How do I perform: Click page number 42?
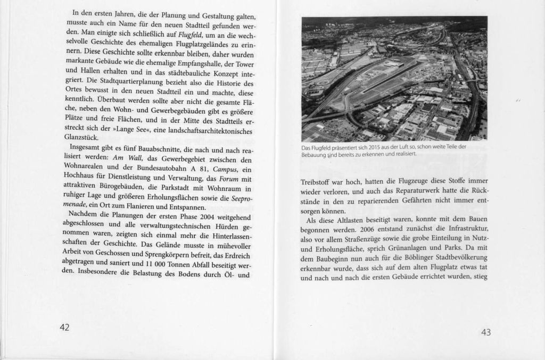(x=64, y=327)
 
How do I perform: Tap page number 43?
(x=485, y=332)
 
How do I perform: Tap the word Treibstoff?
(x=317, y=182)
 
